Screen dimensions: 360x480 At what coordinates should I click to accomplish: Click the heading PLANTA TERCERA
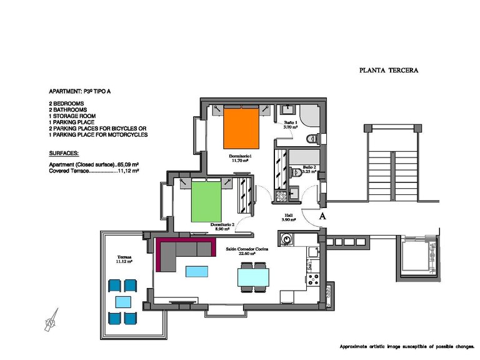point(389,71)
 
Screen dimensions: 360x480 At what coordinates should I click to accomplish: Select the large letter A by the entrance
point(322,216)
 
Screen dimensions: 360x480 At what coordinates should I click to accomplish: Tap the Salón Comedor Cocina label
point(247,250)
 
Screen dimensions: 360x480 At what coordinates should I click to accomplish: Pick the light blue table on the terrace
point(122,302)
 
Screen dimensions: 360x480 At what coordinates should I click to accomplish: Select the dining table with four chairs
point(254,276)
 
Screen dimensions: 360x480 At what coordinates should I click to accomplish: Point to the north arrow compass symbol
point(51,320)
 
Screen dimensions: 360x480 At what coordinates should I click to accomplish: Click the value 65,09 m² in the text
point(128,164)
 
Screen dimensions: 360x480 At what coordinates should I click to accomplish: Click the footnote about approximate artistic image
point(407,346)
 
